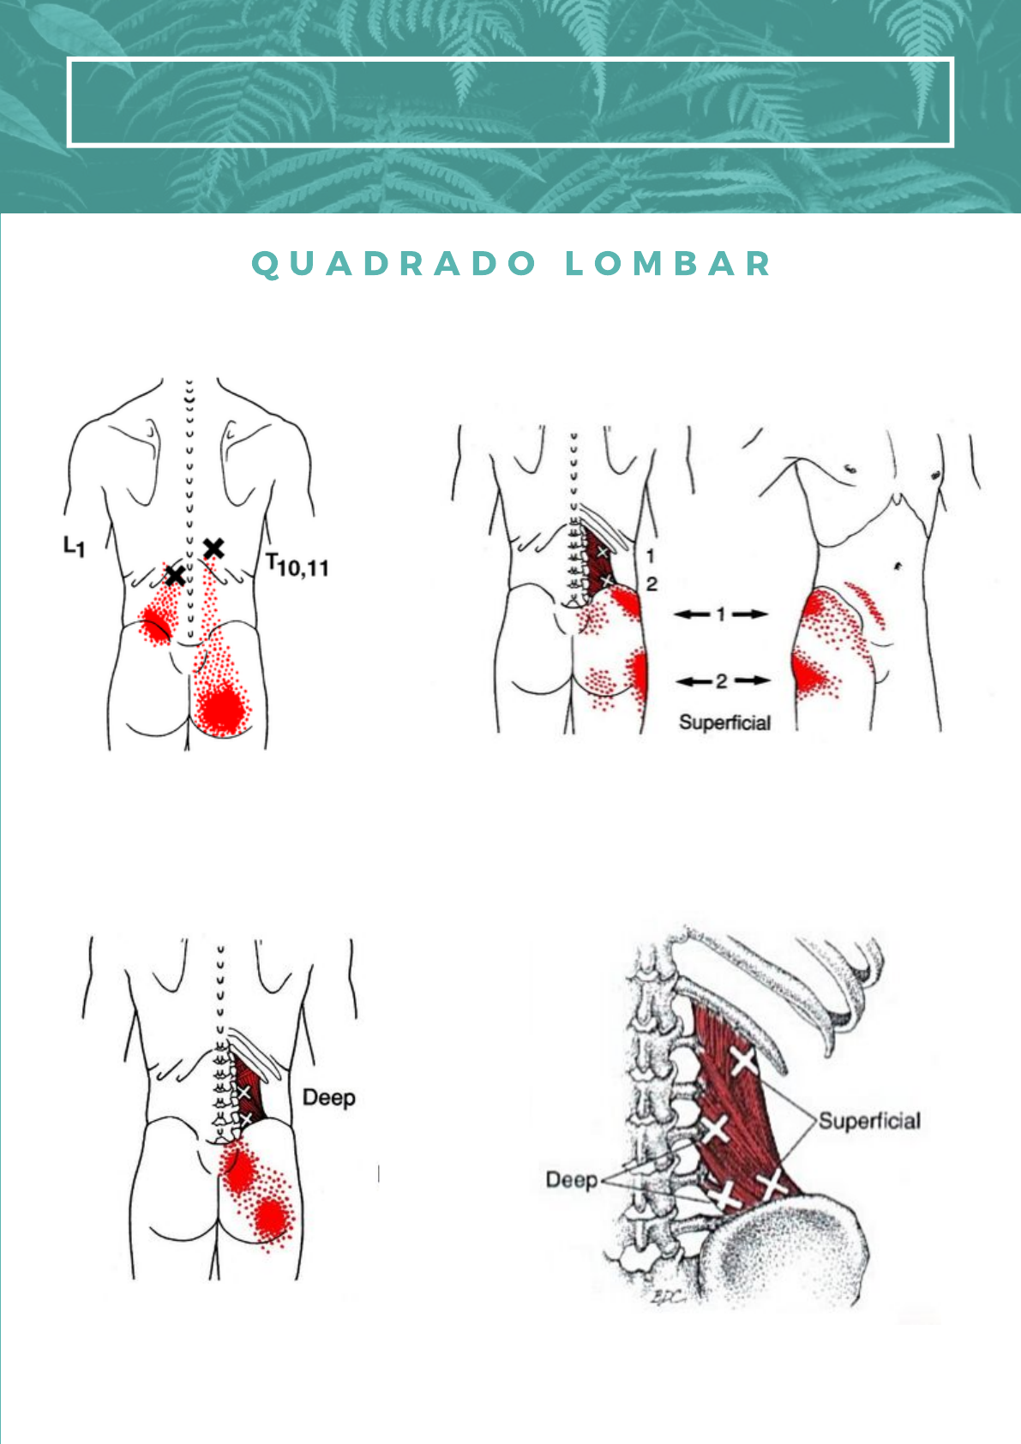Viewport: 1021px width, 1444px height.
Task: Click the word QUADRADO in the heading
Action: click(395, 264)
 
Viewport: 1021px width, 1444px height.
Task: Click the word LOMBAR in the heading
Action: click(669, 264)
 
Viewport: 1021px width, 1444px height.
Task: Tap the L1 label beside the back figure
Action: click(75, 546)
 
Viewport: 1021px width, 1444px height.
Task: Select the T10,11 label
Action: click(297, 565)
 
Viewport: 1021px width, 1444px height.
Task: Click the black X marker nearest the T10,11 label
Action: click(213, 548)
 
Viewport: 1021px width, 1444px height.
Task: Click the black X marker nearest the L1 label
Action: click(175, 575)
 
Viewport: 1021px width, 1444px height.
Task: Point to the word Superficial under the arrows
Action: click(725, 722)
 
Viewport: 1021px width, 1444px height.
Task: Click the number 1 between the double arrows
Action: click(721, 614)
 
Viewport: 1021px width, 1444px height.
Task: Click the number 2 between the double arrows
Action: click(721, 680)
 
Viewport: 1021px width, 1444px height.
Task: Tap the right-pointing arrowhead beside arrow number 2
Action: click(762, 680)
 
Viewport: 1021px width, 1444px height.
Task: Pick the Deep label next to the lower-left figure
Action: click(329, 1098)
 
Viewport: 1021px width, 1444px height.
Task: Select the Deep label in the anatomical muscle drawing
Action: click(572, 1180)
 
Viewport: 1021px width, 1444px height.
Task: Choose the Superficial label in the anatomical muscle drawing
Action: click(869, 1121)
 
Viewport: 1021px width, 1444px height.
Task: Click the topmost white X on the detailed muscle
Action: click(744, 1062)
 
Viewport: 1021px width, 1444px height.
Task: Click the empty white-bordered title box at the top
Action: click(510, 102)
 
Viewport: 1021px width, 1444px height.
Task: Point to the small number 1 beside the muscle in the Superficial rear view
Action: click(651, 556)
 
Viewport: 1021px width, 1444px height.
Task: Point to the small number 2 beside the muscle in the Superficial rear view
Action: click(652, 584)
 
